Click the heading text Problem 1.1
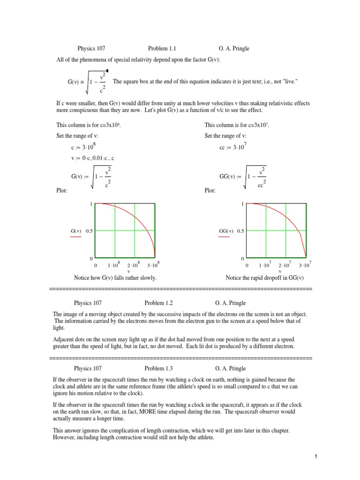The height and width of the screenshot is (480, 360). (x=162, y=48)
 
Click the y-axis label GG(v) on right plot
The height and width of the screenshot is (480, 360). (x=226, y=231)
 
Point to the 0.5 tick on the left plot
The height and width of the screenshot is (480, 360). (x=89, y=231)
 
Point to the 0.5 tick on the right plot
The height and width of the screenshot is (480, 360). (x=240, y=231)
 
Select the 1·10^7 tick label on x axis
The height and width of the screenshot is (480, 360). (x=265, y=265)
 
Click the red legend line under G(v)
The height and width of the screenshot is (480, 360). (x=75, y=237)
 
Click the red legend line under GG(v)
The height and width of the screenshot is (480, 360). (x=224, y=237)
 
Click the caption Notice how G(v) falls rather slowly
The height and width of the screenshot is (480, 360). (x=115, y=278)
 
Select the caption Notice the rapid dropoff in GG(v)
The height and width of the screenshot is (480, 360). (x=265, y=278)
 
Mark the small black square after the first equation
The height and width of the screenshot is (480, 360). (x=107, y=71)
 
